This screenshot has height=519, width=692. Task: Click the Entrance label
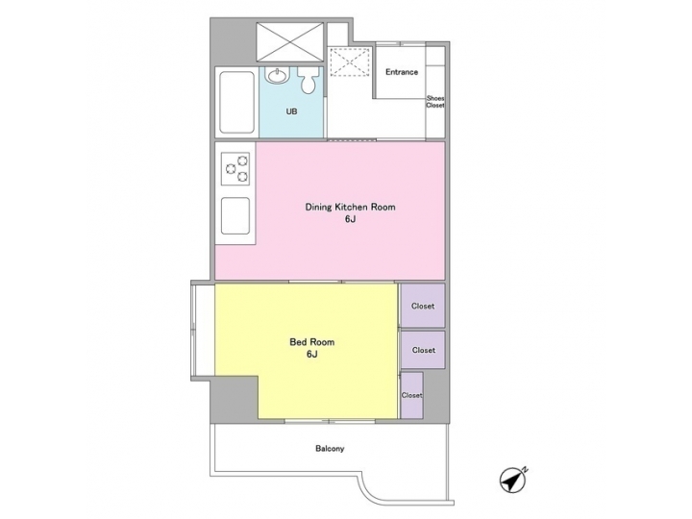pos(401,72)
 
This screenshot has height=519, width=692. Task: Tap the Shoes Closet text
pos(435,101)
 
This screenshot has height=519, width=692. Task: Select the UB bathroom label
pos(290,111)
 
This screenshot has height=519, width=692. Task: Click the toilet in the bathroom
pos(308,83)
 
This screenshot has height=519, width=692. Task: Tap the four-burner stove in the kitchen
pos(235,170)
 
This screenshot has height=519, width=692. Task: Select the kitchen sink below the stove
pos(235,216)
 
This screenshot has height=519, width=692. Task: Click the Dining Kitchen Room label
pos(350,208)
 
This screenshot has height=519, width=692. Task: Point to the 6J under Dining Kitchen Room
pos(350,220)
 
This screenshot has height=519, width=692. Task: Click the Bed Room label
pos(311,341)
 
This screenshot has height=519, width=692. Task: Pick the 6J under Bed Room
pos(311,354)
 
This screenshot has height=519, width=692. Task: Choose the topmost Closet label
pos(423,307)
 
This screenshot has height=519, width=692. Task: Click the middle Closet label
pos(423,350)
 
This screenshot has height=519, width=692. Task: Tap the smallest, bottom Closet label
pos(411,395)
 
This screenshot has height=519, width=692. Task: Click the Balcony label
pos(329,449)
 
